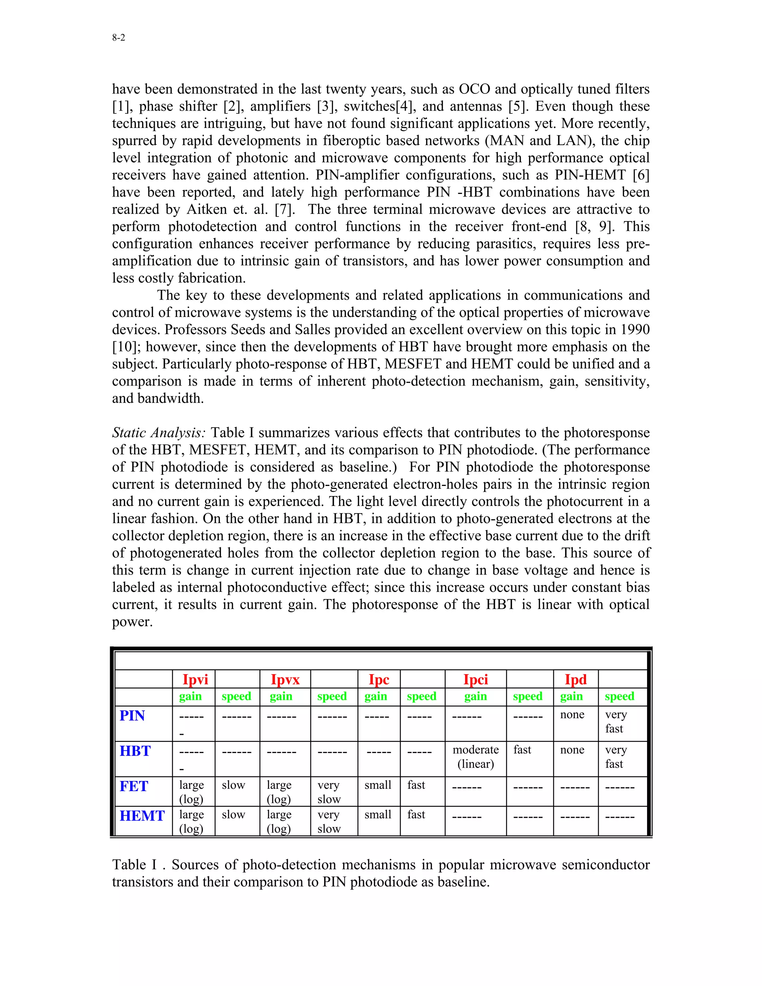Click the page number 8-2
tap(119, 38)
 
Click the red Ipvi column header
tap(195, 679)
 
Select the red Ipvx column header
tap(285, 679)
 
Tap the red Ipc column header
tap(379, 679)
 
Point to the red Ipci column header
tap(476, 679)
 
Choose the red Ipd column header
tap(576, 679)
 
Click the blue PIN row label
tap(132, 716)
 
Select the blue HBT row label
tap(135, 751)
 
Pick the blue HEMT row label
tap(142, 816)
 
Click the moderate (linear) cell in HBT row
tap(476, 757)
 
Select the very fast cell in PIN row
tap(616, 721)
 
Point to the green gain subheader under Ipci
tap(476, 697)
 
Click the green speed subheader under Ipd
tap(619, 697)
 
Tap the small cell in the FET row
tap(378, 785)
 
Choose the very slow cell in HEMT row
tap(329, 822)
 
